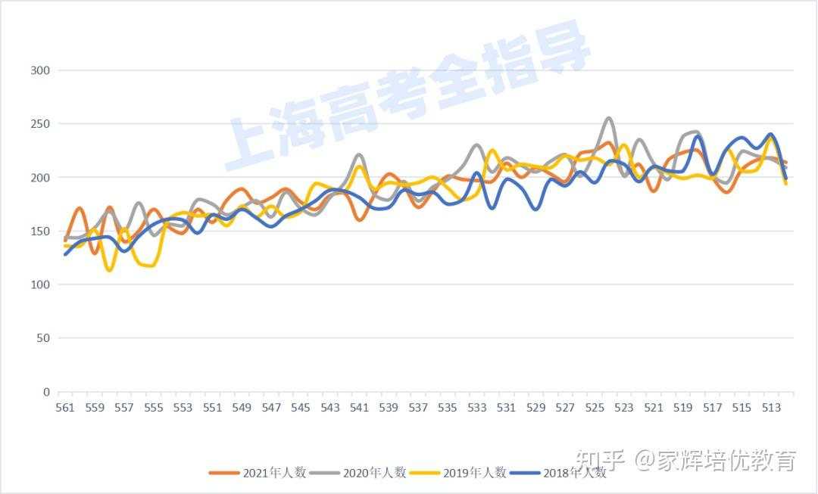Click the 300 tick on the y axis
[x=41, y=70]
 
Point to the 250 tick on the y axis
[x=41, y=124]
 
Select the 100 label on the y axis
[x=41, y=285]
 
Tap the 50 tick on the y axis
[x=44, y=338]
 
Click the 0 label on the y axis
[x=47, y=392]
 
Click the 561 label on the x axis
[x=65, y=408]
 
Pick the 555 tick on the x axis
[x=154, y=408]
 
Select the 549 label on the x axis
[x=242, y=408]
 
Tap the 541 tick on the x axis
[x=360, y=408]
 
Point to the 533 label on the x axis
[x=477, y=408]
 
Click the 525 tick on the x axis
[x=595, y=408]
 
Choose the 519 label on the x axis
[x=683, y=408]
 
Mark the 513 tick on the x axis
[x=771, y=408]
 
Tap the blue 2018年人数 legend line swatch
[x=524, y=473]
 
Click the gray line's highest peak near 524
[x=609, y=118]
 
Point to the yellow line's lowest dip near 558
[x=110, y=270]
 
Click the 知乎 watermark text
[x=599, y=459]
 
